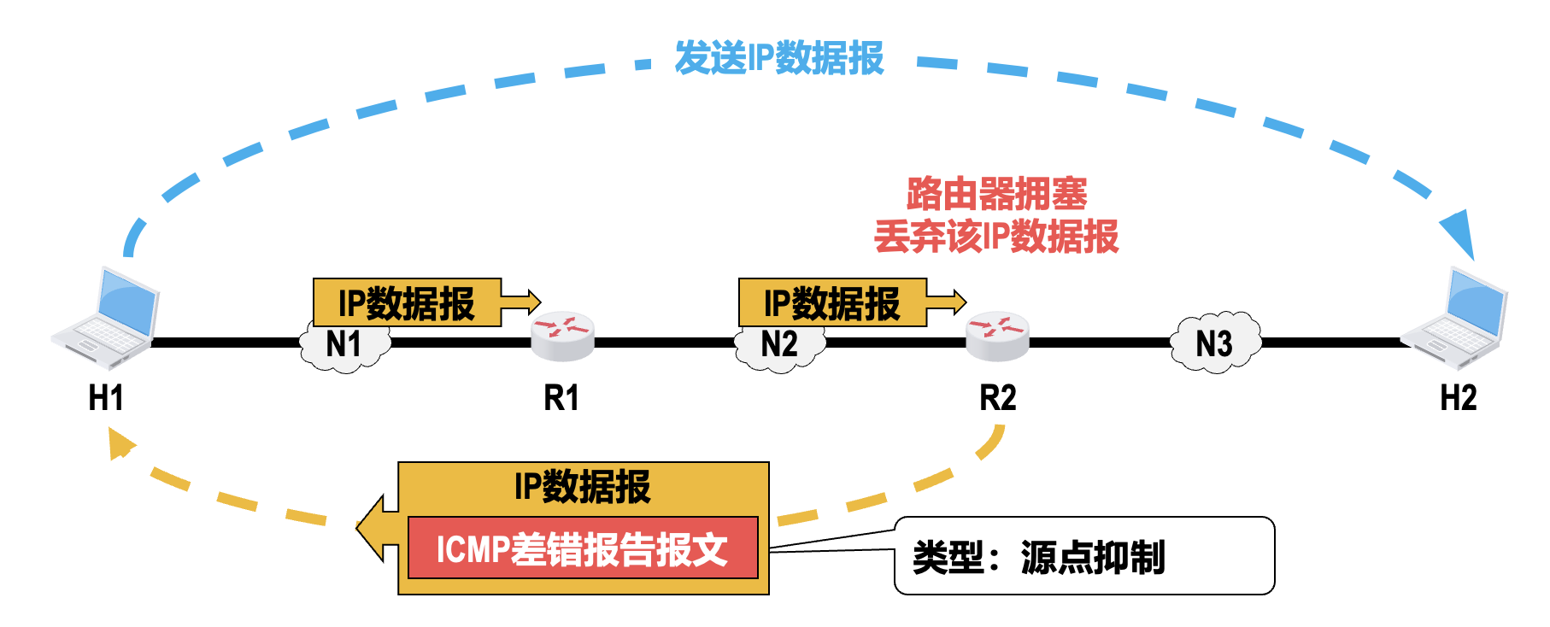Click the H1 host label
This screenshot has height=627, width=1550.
[x=106, y=398]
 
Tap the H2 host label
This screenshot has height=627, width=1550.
[x=1458, y=398]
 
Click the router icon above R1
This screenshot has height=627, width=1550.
[x=562, y=335]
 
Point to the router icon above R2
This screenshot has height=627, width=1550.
[x=997, y=335]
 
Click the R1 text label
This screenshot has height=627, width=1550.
[x=561, y=398]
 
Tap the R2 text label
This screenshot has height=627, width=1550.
[x=997, y=398]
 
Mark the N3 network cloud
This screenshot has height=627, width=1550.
[x=1214, y=343]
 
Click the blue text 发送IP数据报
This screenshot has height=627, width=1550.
[x=778, y=58]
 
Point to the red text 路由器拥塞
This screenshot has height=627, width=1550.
[x=996, y=194]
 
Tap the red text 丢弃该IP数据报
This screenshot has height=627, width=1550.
[x=996, y=237]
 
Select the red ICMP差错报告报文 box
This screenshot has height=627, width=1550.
[x=583, y=548]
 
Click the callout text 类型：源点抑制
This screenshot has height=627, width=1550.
[x=1039, y=558]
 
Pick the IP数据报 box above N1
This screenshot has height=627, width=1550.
[x=407, y=302]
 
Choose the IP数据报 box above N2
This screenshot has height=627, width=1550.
[x=832, y=302]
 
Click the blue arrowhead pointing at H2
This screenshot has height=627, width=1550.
[x=1460, y=232]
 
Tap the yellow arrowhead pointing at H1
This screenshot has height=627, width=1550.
[x=120, y=443]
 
